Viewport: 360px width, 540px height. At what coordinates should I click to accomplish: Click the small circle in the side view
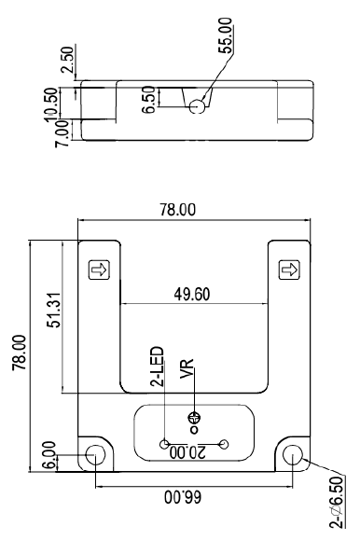point(197,107)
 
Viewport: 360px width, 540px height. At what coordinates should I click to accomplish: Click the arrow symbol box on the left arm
point(95,270)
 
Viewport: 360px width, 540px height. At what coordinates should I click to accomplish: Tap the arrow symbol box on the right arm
point(289,270)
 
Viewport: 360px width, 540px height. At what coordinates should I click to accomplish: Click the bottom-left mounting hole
point(95,455)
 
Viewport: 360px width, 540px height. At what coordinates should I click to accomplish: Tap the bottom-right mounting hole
point(293,455)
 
